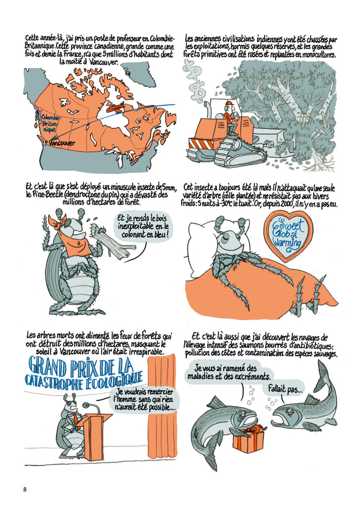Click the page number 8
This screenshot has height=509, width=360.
pos(25,489)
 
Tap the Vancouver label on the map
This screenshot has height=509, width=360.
pos(60,143)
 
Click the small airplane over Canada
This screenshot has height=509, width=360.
pos(116,109)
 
